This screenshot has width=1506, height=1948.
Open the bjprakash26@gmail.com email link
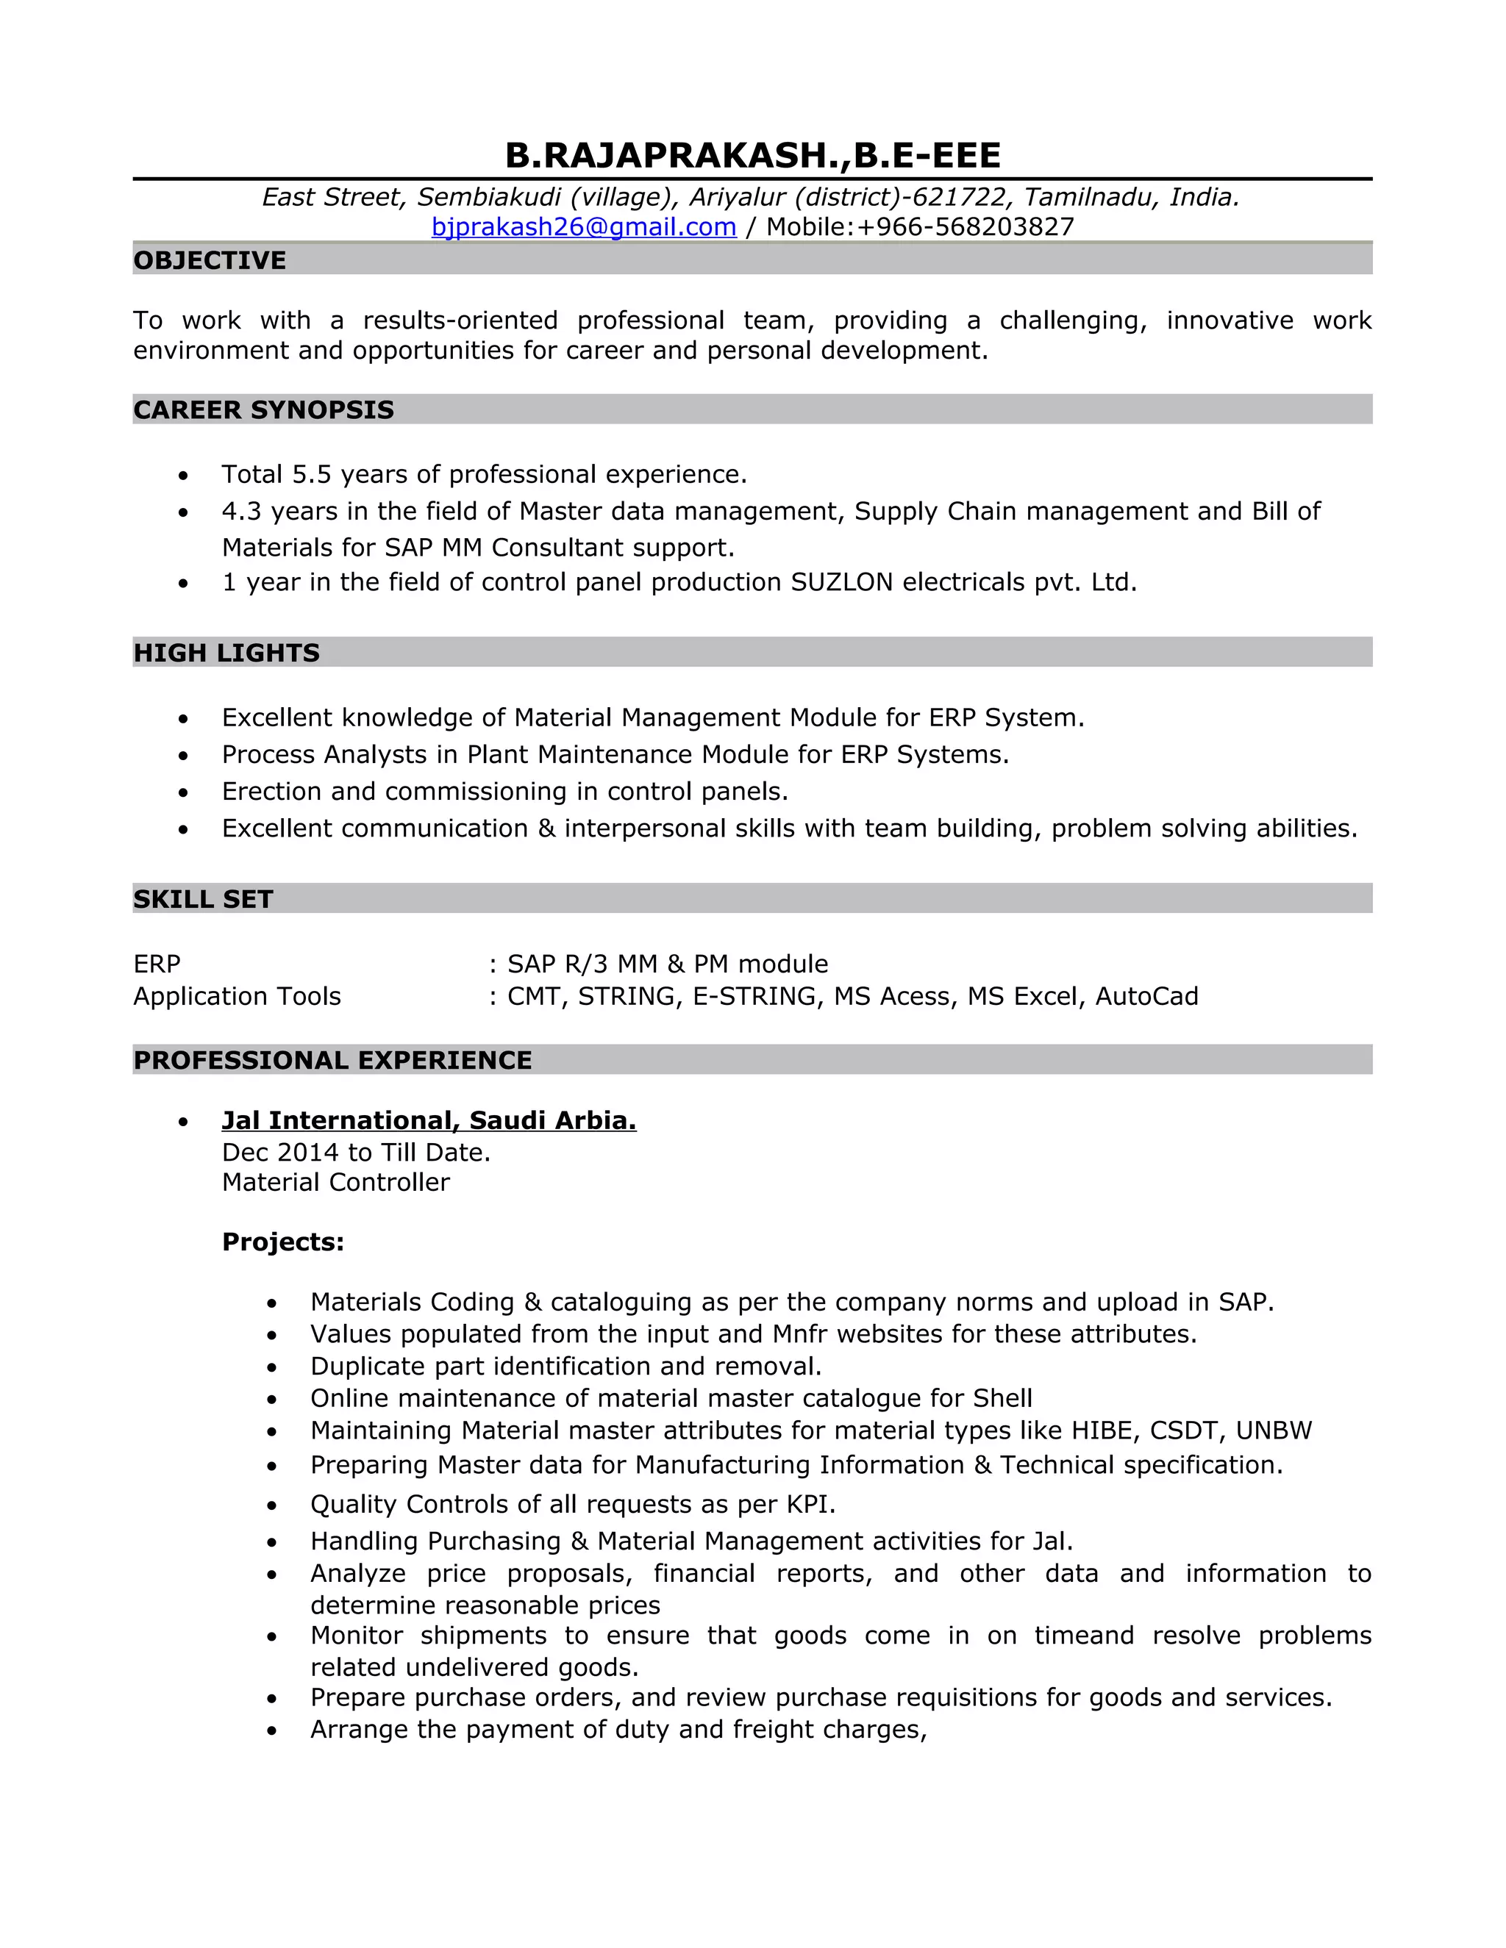(x=583, y=226)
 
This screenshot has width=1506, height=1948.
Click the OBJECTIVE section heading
(x=210, y=260)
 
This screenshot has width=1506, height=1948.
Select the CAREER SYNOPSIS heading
(x=263, y=409)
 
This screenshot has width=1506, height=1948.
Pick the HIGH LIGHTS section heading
(x=226, y=653)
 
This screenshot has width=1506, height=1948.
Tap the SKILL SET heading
(x=204, y=899)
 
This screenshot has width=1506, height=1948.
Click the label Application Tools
(x=238, y=996)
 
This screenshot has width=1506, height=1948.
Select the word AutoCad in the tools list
(x=1146, y=996)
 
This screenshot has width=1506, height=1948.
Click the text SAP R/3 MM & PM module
(x=668, y=964)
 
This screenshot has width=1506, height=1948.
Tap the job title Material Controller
(x=335, y=1183)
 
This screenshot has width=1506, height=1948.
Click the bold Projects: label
(x=283, y=1242)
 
